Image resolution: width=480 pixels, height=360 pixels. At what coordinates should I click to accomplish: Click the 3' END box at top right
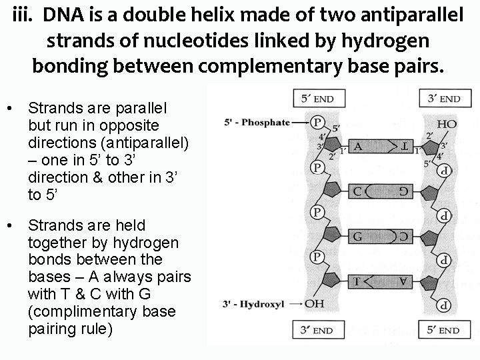point(440,99)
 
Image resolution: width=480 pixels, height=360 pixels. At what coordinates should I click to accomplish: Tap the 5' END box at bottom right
point(440,330)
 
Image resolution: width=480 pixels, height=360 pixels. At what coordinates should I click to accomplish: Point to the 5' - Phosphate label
point(257,122)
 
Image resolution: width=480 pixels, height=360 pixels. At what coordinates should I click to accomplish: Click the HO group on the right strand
point(446,125)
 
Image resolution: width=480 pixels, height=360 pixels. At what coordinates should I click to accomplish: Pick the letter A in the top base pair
point(357,147)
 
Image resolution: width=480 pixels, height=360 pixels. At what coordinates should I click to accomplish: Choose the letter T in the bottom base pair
point(357,281)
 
